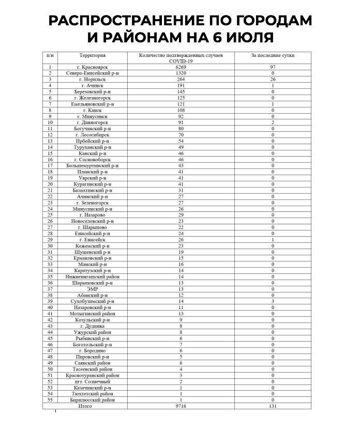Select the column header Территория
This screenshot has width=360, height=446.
pyautogui.click(x=93, y=55)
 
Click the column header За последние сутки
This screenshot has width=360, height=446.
pyautogui.click(x=272, y=55)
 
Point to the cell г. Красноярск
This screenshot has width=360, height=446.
pyautogui.click(x=93, y=67)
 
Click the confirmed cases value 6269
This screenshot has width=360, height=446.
pyautogui.click(x=181, y=67)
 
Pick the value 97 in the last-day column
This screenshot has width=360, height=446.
pyautogui.click(x=272, y=67)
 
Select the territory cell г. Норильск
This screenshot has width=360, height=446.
pyautogui.click(x=93, y=80)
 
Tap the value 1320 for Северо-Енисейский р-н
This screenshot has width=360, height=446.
pyautogui.click(x=181, y=73)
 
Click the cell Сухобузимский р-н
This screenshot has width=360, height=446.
pyautogui.click(x=93, y=301)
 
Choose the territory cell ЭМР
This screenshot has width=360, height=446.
pyautogui.click(x=93, y=288)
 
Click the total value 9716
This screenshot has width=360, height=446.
pyautogui.click(x=181, y=406)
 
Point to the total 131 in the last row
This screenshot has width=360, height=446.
pyautogui.click(x=273, y=406)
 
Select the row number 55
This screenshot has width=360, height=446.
pyautogui.click(x=50, y=399)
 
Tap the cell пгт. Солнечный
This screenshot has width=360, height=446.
pyautogui.click(x=93, y=381)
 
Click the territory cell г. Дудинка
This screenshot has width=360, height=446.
pyautogui.click(x=93, y=326)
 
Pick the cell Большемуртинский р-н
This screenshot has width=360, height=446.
pyautogui.click(x=93, y=165)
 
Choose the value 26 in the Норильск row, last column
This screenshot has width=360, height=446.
pyautogui.click(x=272, y=80)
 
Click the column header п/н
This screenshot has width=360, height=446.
pyautogui.click(x=50, y=55)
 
